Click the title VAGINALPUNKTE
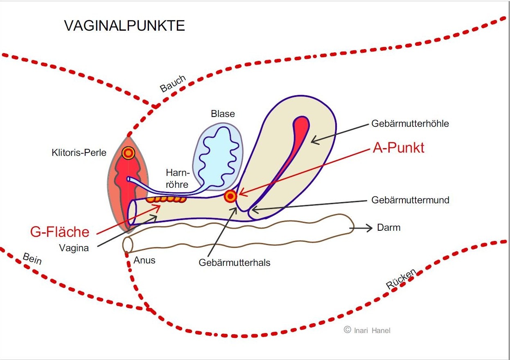click(124, 26)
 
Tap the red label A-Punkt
click(398, 148)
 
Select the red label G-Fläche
click(60, 232)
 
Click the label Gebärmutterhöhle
click(410, 124)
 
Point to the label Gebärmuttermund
click(410, 200)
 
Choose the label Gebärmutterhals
click(235, 263)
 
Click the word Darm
click(388, 227)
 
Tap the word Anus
click(144, 260)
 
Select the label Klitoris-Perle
click(79, 153)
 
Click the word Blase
click(223, 114)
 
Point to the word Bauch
click(173, 83)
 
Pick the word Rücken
click(401, 279)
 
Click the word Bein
click(32, 259)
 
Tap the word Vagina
click(74, 248)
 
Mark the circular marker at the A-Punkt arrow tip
click(230, 196)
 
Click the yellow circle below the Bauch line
click(129, 153)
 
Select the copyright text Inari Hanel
click(367, 330)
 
